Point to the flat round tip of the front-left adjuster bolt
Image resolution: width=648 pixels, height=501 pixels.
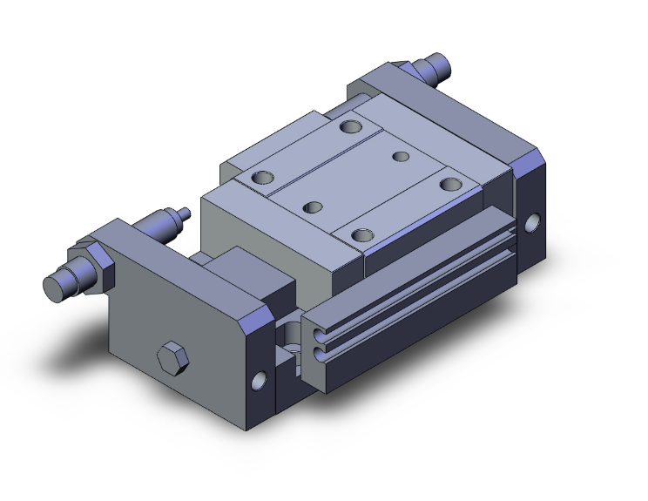pyautogui.click(x=53, y=288)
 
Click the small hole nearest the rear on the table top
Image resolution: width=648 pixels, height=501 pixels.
pyautogui.click(x=401, y=157)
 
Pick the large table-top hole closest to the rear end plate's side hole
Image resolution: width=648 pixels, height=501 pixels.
pyautogui.click(x=450, y=184)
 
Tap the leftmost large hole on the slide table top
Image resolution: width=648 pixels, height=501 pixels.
pyautogui.click(x=262, y=179)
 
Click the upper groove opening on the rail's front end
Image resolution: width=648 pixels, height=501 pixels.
pyautogui.click(x=314, y=334)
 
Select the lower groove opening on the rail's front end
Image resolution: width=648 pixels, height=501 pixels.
pyautogui.click(x=314, y=353)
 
